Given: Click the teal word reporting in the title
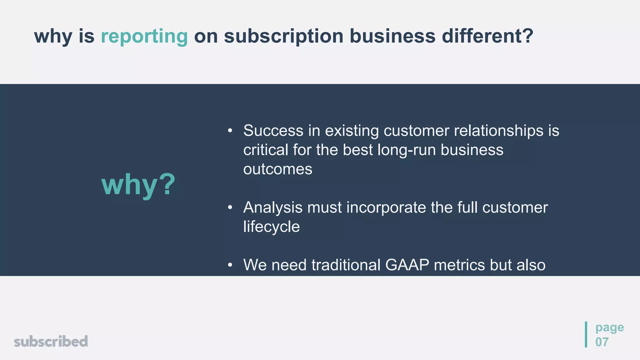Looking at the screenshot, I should point(144,37).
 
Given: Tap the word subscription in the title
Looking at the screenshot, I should point(284,37).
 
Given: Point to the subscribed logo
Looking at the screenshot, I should point(51,341).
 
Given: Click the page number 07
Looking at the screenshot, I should point(602,342).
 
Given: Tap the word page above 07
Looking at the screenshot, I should point(609,327).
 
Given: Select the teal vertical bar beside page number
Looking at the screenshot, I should point(586,334).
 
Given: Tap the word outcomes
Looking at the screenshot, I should point(277,169).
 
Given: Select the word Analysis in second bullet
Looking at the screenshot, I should point(273,207).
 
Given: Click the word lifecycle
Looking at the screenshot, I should point(271,227).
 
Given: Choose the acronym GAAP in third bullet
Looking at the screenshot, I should point(407,265).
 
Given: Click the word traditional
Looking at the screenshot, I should point(346,265).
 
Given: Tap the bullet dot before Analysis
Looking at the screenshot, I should point(230,207).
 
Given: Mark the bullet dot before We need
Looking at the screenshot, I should point(230,265).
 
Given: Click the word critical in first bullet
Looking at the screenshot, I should point(266,150).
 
